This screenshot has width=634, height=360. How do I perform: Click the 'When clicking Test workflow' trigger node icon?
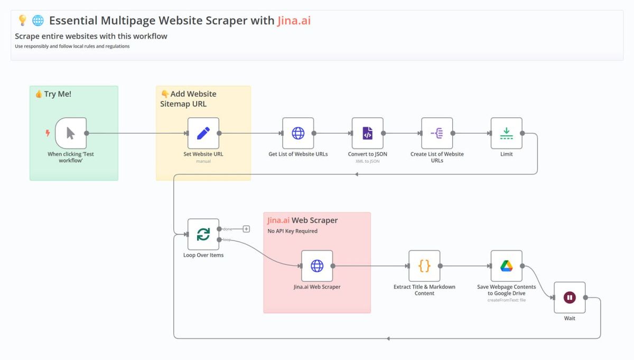click(x=71, y=133)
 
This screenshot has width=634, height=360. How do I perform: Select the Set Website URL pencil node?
click(x=203, y=133)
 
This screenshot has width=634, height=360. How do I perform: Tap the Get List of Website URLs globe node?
click(x=298, y=133)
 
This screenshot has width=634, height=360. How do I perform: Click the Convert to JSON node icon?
click(x=367, y=133)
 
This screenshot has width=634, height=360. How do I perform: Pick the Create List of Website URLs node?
click(x=437, y=133)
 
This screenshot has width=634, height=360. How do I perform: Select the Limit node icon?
click(x=506, y=133)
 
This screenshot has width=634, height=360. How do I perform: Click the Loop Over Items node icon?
click(x=203, y=234)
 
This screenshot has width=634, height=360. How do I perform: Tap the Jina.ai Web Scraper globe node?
click(x=317, y=266)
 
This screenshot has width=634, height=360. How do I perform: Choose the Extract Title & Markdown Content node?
click(x=424, y=266)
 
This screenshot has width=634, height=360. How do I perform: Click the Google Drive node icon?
click(x=506, y=266)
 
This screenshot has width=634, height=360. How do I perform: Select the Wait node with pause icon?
click(x=570, y=298)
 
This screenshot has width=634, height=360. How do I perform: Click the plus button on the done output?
click(x=246, y=229)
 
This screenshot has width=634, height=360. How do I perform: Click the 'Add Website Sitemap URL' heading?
click(x=188, y=99)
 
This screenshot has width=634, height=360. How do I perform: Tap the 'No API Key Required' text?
click(x=293, y=231)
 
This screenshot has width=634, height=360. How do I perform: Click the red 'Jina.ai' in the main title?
click(x=297, y=21)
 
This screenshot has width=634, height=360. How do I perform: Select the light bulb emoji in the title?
click(x=22, y=21)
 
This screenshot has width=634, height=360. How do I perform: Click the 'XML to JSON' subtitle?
click(x=367, y=161)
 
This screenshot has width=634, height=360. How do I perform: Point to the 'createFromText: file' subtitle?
click(x=506, y=300)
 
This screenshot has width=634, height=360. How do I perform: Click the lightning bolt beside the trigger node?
click(x=48, y=133)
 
